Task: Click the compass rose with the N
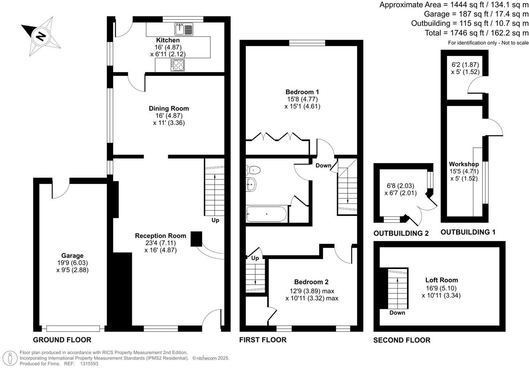41,36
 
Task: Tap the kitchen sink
184,29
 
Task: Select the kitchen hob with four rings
178,65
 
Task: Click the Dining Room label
169,108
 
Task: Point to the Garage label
72,256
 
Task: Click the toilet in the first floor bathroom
253,170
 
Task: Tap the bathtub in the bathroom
267,214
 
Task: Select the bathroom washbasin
251,185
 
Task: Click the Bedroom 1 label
302,92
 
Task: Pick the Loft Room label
441,280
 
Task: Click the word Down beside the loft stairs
397,313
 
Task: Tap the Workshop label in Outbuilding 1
464,164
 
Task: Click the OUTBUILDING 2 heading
401,233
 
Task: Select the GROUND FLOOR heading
62,340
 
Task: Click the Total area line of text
476,33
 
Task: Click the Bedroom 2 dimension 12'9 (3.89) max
312,291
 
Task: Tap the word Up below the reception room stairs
215,220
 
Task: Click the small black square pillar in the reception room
196,239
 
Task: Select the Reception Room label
160,236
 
